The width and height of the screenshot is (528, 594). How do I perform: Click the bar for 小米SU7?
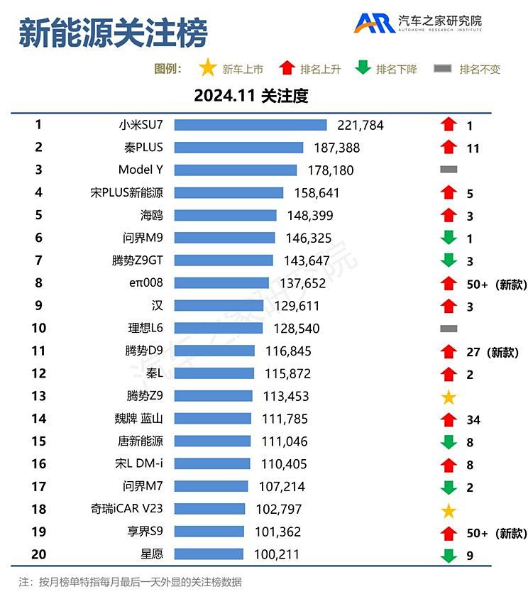point(250,125)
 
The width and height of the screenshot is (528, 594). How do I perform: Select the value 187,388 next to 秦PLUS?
point(336,148)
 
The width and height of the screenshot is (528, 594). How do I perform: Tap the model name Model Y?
point(141,170)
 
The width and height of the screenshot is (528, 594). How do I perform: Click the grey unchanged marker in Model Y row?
point(448,170)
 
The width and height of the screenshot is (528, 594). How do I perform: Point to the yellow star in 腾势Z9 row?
point(448,397)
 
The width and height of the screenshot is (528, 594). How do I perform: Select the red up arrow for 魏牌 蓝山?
point(448,419)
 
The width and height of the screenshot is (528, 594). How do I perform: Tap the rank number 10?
point(38,328)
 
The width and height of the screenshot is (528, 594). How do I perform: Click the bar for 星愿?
point(209,554)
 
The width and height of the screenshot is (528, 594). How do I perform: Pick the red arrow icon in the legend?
point(287,69)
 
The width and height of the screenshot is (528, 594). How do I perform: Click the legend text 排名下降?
point(396,70)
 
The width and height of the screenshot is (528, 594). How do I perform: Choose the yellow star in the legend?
point(208,68)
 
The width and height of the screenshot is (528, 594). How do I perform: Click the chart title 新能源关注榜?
point(113,33)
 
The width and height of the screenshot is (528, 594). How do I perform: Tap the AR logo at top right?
point(375,23)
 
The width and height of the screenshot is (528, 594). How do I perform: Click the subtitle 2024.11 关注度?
point(251,96)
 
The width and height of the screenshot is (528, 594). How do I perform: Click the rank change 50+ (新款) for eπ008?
point(497,284)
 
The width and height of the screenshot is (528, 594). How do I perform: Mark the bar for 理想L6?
point(218,329)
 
